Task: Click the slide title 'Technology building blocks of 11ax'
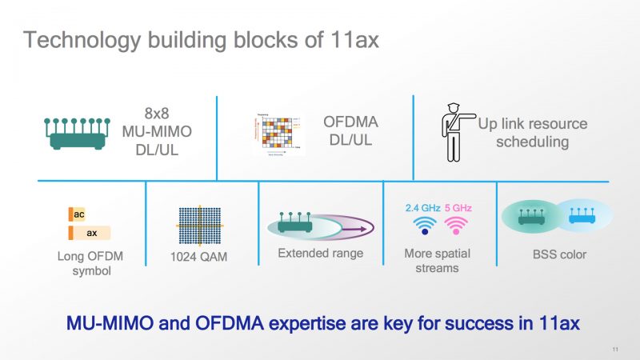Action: [x=200, y=39]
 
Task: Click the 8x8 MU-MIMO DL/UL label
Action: [x=156, y=132]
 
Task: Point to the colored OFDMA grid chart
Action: [x=277, y=132]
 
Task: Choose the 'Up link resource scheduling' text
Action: [x=532, y=133]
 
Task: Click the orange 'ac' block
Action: [x=77, y=214]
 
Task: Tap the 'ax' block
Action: [x=90, y=233]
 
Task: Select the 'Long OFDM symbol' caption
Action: [x=90, y=263]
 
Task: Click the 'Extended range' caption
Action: [x=320, y=254]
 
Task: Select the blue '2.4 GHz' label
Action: [x=422, y=207]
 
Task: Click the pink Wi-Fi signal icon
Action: [x=457, y=227]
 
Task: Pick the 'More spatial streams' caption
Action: [x=437, y=261]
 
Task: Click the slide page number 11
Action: [x=615, y=349]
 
